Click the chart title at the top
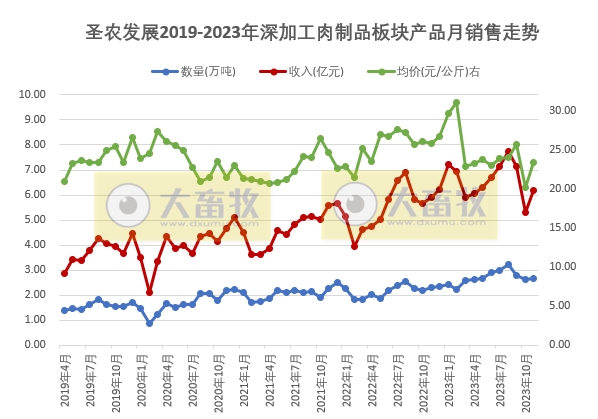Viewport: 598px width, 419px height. click(312, 33)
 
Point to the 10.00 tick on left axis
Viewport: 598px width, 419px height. click(33, 94)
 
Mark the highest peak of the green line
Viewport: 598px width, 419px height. click(456, 102)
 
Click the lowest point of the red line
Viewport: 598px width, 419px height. click(150, 292)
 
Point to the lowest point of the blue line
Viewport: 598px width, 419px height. click(150, 323)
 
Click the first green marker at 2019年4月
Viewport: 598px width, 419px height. click(65, 181)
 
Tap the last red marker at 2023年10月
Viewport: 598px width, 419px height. click(533, 190)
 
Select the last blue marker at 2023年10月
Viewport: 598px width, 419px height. click(533, 278)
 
